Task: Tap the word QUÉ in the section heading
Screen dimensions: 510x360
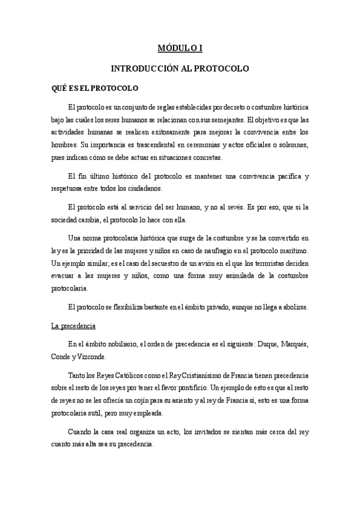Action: coord(59,88)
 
